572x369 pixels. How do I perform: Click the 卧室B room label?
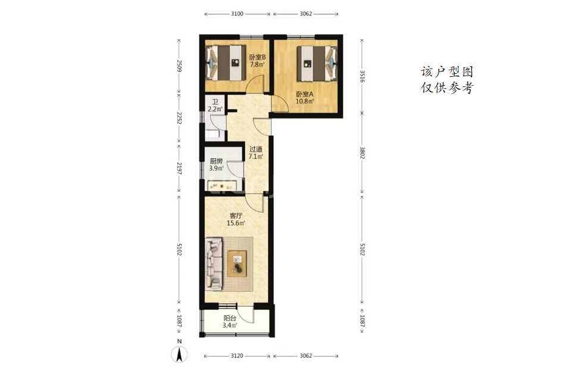[x=257, y=57]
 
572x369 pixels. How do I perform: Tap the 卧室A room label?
[x=305, y=94]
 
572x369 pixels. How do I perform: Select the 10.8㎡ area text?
[x=305, y=101]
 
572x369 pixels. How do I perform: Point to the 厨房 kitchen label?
[x=216, y=161]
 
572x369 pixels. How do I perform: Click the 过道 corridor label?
[x=256, y=149]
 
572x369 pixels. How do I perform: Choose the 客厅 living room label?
[x=236, y=216]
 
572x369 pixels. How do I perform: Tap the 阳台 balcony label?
[x=230, y=318]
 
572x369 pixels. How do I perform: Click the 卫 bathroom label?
[x=215, y=102]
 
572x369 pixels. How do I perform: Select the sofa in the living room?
[x=214, y=264]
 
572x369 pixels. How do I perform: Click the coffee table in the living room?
[x=237, y=263]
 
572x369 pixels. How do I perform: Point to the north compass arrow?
[x=179, y=354]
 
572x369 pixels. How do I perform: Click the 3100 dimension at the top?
[x=237, y=14]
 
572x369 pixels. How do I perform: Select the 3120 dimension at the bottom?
[x=237, y=356]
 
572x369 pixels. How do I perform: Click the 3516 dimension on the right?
[x=362, y=77]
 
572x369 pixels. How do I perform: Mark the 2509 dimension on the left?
[x=179, y=66]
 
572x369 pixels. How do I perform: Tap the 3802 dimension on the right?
[x=362, y=153]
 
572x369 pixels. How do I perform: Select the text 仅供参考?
[x=447, y=87]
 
